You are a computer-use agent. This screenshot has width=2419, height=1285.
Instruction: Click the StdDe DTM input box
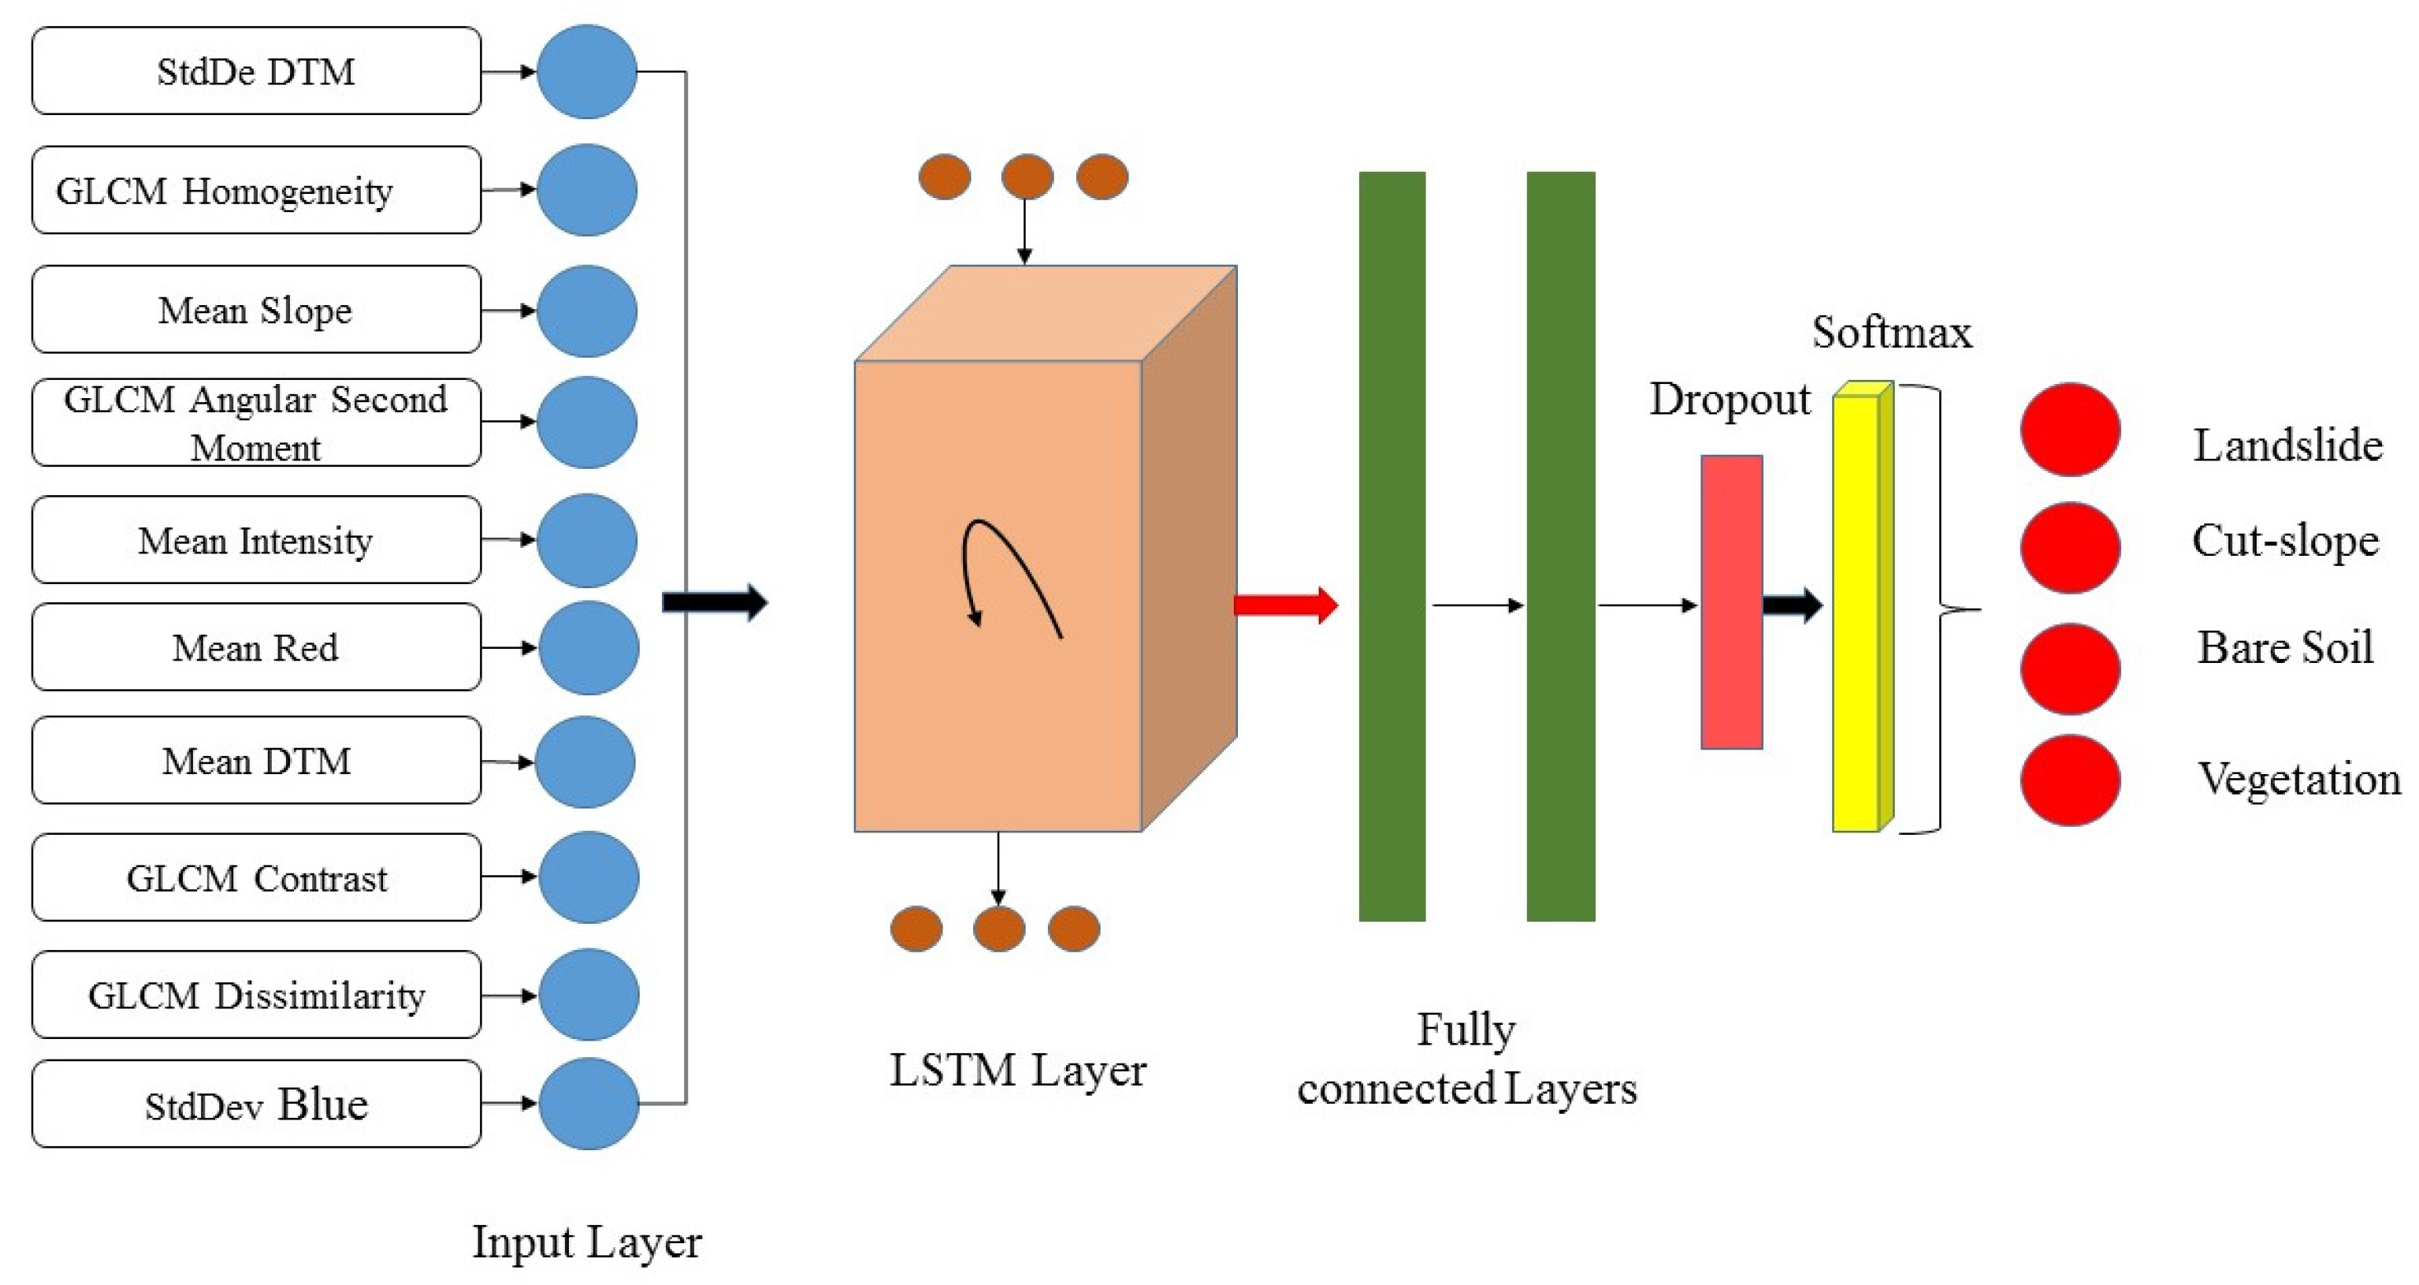pyautogui.click(x=255, y=72)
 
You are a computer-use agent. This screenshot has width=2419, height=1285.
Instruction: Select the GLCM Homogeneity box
pyautogui.click(x=255, y=191)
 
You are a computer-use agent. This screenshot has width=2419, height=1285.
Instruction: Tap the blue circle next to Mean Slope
pyautogui.click(x=587, y=311)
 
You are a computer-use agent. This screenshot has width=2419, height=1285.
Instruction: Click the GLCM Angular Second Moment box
pyautogui.click(x=255, y=423)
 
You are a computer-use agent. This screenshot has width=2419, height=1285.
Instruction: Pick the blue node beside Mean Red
pyautogui.click(x=589, y=648)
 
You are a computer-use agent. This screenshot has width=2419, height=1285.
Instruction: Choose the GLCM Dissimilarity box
pyautogui.click(x=255, y=995)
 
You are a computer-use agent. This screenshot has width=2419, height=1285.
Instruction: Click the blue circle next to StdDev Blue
pyautogui.click(x=589, y=1104)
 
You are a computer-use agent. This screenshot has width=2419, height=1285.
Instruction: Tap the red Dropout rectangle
pyautogui.click(x=1730, y=602)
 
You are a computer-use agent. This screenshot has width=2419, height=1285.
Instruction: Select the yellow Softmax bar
pyautogui.click(x=1857, y=610)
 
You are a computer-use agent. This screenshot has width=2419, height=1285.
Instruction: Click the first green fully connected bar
pyautogui.click(x=1392, y=546)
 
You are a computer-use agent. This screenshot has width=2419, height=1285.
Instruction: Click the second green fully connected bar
pyautogui.click(x=1560, y=546)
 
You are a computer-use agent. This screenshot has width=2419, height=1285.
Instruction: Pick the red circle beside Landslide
pyautogui.click(x=2070, y=430)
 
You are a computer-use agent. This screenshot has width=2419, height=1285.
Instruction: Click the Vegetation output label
pyautogui.click(x=2298, y=780)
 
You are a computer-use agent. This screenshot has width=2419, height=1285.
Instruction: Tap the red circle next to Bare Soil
pyautogui.click(x=2070, y=668)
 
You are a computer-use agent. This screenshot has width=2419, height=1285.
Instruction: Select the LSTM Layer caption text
pyautogui.click(x=1017, y=1071)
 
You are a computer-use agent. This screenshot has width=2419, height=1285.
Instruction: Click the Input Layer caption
pyautogui.click(x=586, y=1242)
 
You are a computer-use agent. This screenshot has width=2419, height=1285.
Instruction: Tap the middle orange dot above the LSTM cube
pyautogui.click(x=1027, y=177)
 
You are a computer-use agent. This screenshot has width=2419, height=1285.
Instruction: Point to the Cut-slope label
pyautogui.click(x=2285, y=541)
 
